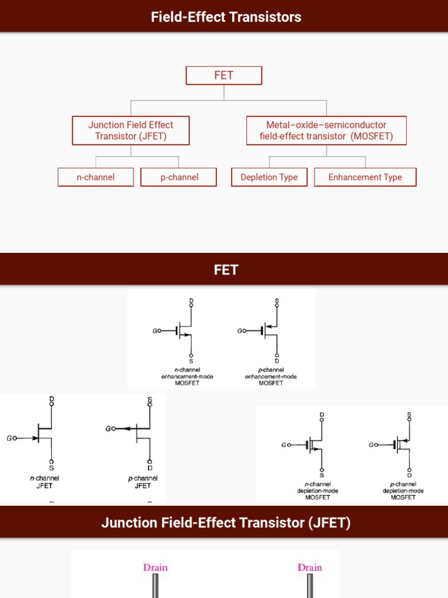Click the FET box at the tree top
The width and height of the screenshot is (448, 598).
[224, 75]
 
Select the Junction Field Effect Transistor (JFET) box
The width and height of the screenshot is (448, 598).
[131, 130]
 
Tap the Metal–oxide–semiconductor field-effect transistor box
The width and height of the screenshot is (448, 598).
[326, 130]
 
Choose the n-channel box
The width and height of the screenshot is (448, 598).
[96, 177]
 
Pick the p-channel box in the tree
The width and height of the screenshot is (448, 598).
[178, 177]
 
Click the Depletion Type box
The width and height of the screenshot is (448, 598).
[269, 177]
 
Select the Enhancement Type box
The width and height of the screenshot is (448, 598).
[365, 177]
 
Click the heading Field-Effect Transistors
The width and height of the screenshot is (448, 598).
[226, 16]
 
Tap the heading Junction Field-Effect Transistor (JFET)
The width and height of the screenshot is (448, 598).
[226, 522]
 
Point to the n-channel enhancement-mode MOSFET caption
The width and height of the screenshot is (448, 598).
[187, 377]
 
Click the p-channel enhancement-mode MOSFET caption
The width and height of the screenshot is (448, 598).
[271, 377]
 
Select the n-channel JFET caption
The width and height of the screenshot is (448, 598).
[44, 482]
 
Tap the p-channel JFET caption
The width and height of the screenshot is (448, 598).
[143, 482]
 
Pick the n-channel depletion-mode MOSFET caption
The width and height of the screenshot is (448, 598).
[318, 491]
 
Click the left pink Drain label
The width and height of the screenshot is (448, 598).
[155, 567]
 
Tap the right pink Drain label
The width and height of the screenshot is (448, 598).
[310, 567]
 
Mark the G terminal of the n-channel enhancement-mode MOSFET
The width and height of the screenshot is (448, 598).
[156, 331]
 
